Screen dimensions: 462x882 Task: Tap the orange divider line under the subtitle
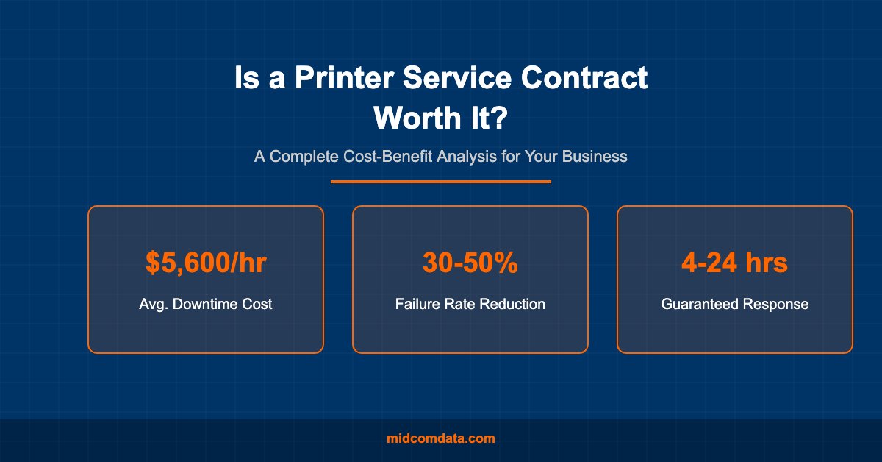point(441,181)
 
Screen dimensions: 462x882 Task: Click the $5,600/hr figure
point(205,263)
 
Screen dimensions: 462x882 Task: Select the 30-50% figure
point(470,263)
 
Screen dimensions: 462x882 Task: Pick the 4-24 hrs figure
point(734,263)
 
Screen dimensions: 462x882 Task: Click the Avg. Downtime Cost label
point(205,304)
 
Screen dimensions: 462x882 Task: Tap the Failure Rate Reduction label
point(470,304)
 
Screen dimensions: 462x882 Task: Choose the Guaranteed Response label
point(734,304)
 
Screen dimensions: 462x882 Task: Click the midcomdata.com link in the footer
point(441,438)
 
